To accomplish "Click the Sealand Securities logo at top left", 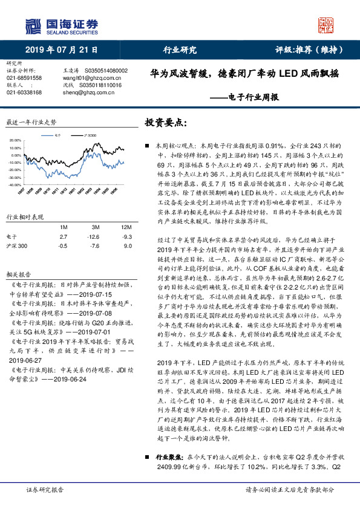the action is (x=61, y=25).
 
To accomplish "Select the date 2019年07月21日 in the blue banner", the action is (x=61, y=50).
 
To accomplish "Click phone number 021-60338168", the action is (x=24, y=92).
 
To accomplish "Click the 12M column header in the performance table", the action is (x=126, y=226).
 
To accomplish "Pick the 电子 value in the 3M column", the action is (x=94, y=236).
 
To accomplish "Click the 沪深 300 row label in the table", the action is (x=16, y=245).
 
